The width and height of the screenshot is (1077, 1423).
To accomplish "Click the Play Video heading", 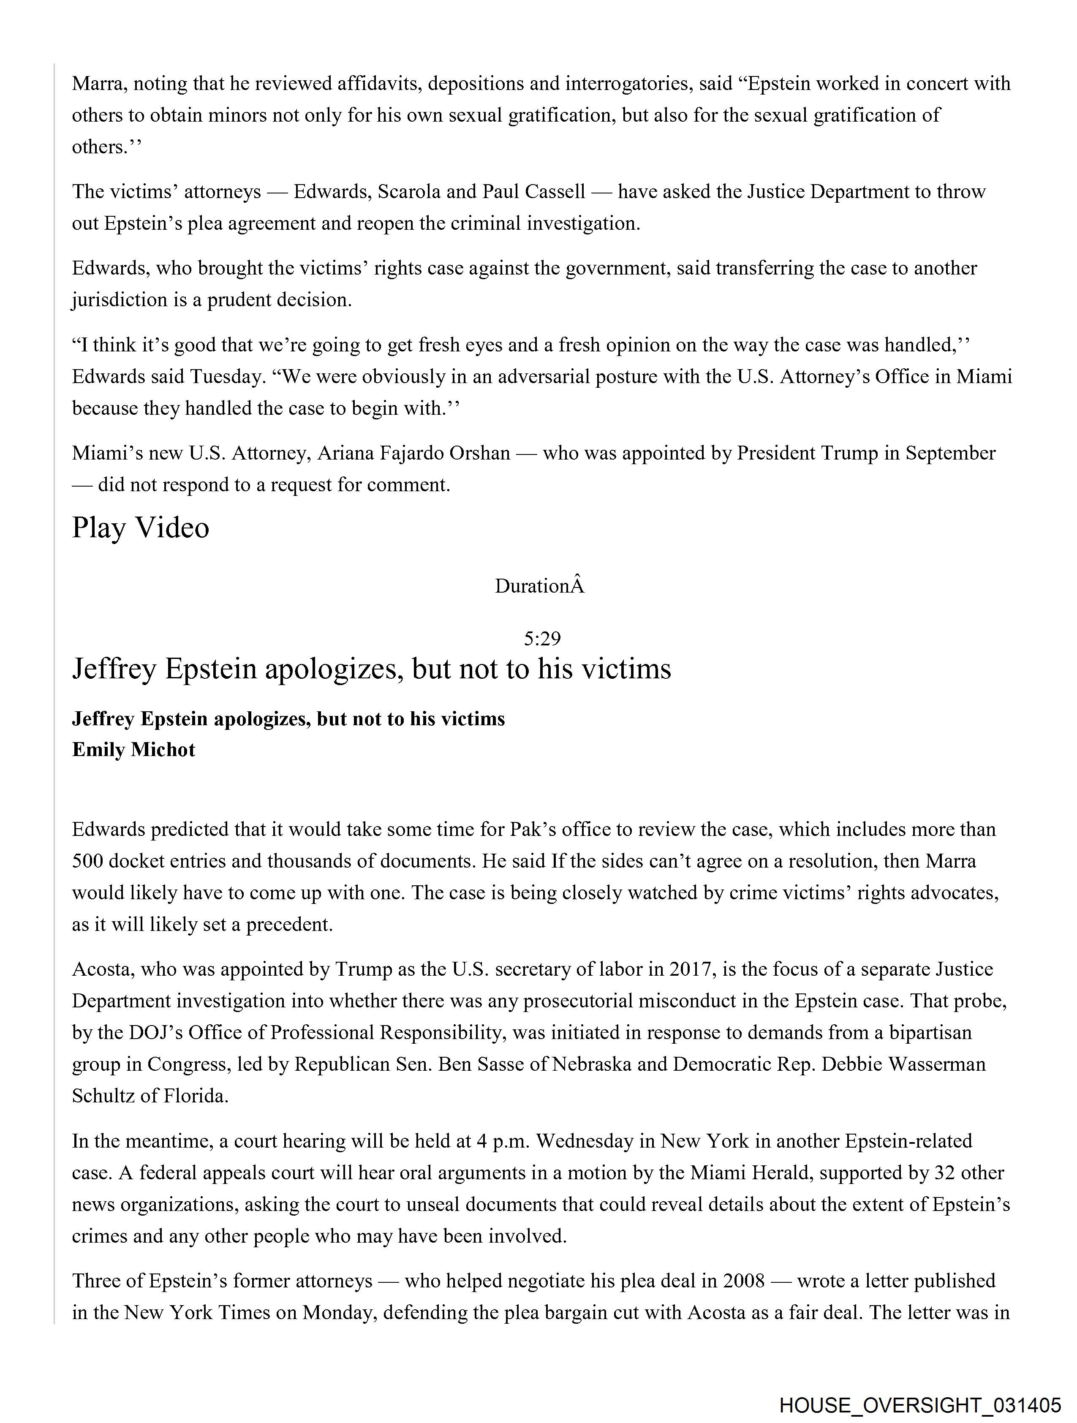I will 140,528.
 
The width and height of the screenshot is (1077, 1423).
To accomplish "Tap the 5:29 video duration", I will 542,638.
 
